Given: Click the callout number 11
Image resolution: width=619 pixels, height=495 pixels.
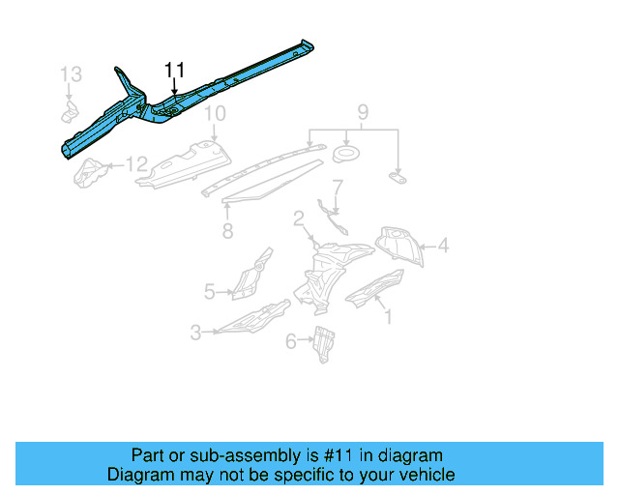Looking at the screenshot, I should tap(174, 70).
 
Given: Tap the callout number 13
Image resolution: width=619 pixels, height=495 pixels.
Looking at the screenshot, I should tap(72, 74).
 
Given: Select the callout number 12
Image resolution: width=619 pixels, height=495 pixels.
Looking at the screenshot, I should tap(137, 164).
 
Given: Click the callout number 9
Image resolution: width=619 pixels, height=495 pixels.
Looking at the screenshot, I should tap(364, 114).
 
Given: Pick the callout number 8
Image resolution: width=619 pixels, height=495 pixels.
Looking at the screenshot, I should tap(226, 231).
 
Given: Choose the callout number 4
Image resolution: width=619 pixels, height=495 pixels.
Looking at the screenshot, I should tap(442, 247).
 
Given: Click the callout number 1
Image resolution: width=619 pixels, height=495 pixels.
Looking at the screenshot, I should tap(388, 315).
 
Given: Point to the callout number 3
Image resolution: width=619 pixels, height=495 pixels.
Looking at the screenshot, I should tap(195, 333).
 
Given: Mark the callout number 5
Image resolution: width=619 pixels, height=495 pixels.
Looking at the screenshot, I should tap(209, 289).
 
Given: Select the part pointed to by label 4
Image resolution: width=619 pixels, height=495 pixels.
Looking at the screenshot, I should tap(401, 245).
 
